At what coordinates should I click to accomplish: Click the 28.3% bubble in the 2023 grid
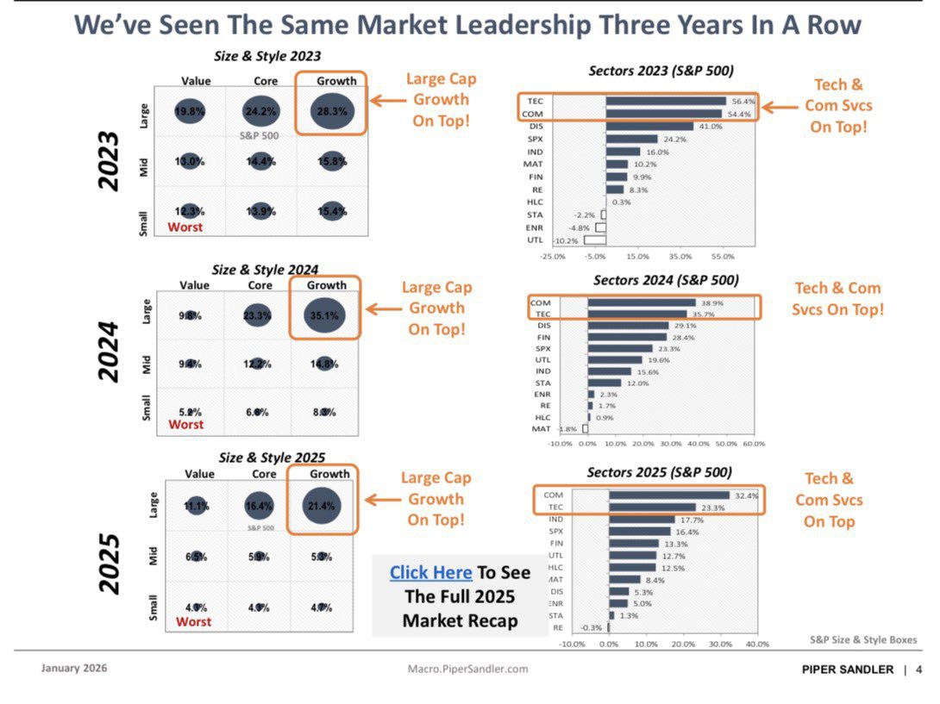[332, 112]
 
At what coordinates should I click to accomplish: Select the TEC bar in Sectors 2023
[666, 101]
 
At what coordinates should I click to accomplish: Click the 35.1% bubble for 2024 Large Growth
[326, 316]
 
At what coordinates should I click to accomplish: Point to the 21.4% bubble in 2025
[322, 506]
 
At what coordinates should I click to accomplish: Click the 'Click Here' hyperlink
[430, 573]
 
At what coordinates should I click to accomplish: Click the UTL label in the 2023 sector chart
[535, 240]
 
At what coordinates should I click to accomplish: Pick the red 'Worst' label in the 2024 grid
[185, 425]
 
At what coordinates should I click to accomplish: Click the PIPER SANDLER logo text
[848, 670]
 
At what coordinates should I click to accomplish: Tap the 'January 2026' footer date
[74, 669]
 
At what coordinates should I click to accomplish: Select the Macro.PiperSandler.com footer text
[467, 669]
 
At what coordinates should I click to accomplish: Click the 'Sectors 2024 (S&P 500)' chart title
[666, 280]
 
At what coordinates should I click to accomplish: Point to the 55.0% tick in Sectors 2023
[723, 256]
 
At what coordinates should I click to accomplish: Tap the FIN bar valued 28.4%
[627, 337]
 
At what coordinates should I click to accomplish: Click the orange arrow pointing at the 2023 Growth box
[386, 101]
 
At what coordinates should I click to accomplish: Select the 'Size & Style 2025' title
[272, 458]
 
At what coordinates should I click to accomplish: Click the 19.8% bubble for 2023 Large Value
[189, 112]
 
